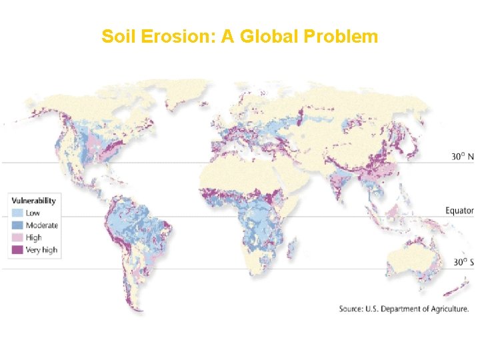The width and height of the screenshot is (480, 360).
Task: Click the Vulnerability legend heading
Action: (33, 201)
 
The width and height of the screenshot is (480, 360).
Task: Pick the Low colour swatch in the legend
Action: (17, 213)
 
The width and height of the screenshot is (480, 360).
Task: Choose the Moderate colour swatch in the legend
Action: (17, 225)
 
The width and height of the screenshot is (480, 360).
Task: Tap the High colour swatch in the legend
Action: (17, 237)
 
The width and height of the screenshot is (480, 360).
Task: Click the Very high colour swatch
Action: (17, 250)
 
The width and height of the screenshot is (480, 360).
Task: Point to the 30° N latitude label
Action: (462, 157)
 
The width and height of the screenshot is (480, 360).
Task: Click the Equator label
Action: (459, 211)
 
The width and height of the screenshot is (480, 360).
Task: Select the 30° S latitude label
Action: (462, 262)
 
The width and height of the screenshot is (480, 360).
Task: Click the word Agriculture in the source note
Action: (447, 309)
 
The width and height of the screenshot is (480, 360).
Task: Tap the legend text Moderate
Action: (42, 225)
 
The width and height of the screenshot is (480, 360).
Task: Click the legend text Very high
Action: (41, 250)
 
